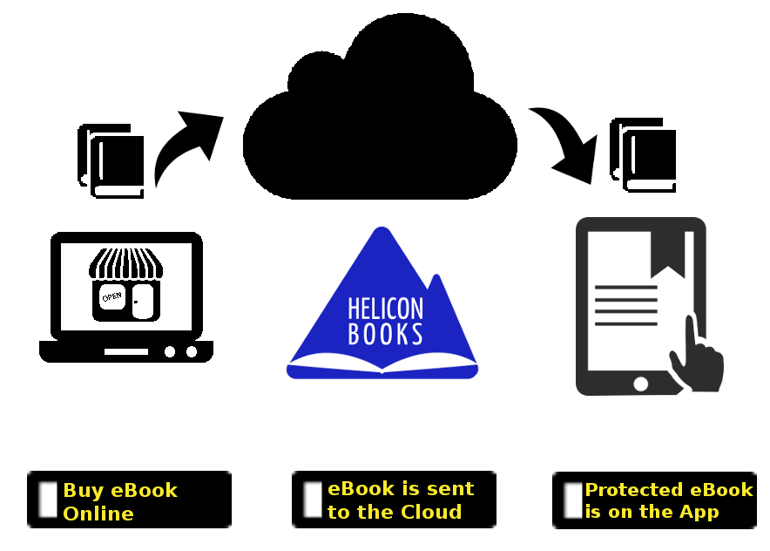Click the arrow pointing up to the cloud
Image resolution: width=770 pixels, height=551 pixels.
click(x=183, y=147)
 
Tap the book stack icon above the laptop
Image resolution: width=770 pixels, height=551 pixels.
click(x=111, y=161)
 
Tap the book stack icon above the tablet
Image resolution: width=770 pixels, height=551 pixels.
click(x=644, y=155)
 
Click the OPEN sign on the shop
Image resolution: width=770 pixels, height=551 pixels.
click(x=112, y=297)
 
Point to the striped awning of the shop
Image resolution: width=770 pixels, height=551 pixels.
click(x=125, y=263)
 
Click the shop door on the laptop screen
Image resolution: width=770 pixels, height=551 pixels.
click(x=143, y=301)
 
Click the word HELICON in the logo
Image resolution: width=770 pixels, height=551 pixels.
click(x=386, y=309)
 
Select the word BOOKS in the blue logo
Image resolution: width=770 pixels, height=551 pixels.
click(x=386, y=334)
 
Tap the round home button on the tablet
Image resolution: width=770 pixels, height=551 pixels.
click(x=640, y=384)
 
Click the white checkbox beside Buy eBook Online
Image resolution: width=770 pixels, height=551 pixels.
click(x=48, y=500)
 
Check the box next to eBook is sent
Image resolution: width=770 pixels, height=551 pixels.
click(x=313, y=500)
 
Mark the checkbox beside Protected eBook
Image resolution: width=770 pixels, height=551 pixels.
click(x=573, y=500)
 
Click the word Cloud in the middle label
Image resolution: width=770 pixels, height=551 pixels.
click(x=431, y=512)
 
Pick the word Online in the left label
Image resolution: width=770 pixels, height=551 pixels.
click(x=98, y=514)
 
